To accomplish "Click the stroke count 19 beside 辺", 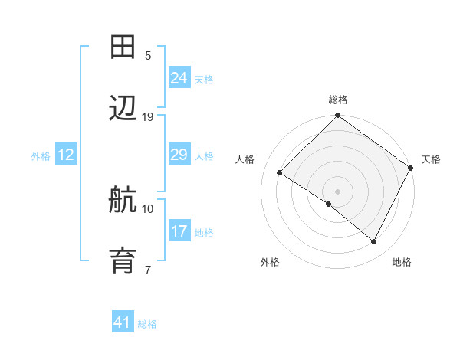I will click(148, 117).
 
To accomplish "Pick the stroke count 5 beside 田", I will click(148, 56).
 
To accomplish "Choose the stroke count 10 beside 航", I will click(148, 208).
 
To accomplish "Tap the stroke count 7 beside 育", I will click(148, 270).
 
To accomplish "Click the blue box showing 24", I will click(179, 78).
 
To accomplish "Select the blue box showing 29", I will click(179, 155).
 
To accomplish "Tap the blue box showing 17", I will click(179, 231).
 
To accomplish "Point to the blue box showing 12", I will click(66, 155).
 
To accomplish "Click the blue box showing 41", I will click(123, 322).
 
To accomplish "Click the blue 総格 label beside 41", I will click(147, 324).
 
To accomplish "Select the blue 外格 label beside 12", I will click(41, 156).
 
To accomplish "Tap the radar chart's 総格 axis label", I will click(338, 100).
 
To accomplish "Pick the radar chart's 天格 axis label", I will click(431, 159).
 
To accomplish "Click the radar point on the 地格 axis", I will click(374, 242).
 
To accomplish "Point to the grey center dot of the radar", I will click(337, 190).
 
